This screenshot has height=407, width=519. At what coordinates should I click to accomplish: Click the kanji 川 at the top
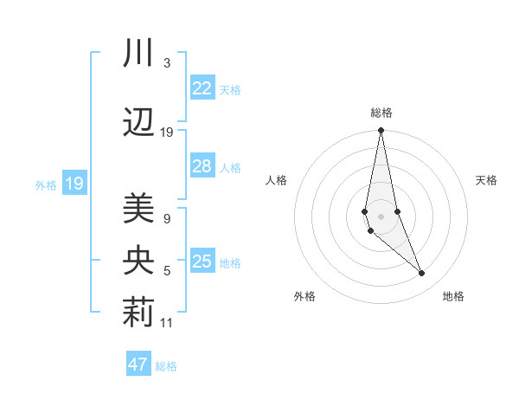coord(138,53)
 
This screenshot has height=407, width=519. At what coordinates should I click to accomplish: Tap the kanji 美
coord(138,208)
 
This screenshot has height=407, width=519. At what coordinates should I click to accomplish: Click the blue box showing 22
coord(202,88)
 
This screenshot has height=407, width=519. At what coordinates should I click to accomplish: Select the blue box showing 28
coord(202,167)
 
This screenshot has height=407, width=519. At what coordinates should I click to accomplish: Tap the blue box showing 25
coord(202,262)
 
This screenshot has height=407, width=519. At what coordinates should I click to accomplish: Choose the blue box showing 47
coord(138,365)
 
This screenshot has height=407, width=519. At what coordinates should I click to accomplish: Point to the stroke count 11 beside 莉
coord(167,323)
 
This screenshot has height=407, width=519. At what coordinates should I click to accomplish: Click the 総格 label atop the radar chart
coord(381,113)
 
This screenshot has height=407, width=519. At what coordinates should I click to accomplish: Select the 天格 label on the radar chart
coord(486,180)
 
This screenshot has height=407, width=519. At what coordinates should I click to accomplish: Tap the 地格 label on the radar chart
coord(453,296)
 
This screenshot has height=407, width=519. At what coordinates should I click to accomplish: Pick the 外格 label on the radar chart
coord(304,296)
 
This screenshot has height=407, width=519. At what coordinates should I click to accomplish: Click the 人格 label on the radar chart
coord(276,180)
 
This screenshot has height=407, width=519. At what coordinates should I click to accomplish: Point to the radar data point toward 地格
coord(422,274)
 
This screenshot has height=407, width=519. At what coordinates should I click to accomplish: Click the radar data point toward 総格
coord(381,131)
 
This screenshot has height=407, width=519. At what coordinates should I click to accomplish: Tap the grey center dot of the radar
coord(381,216)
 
